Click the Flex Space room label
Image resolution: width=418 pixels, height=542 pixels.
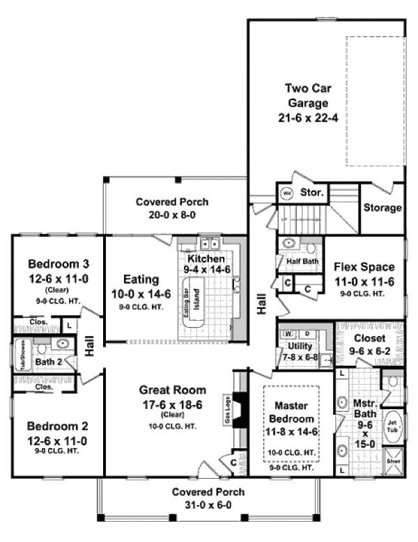tap(364, 266)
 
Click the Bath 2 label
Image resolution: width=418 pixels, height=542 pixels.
tap(50, 362)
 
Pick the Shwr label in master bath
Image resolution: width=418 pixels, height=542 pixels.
tap(392, 461)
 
